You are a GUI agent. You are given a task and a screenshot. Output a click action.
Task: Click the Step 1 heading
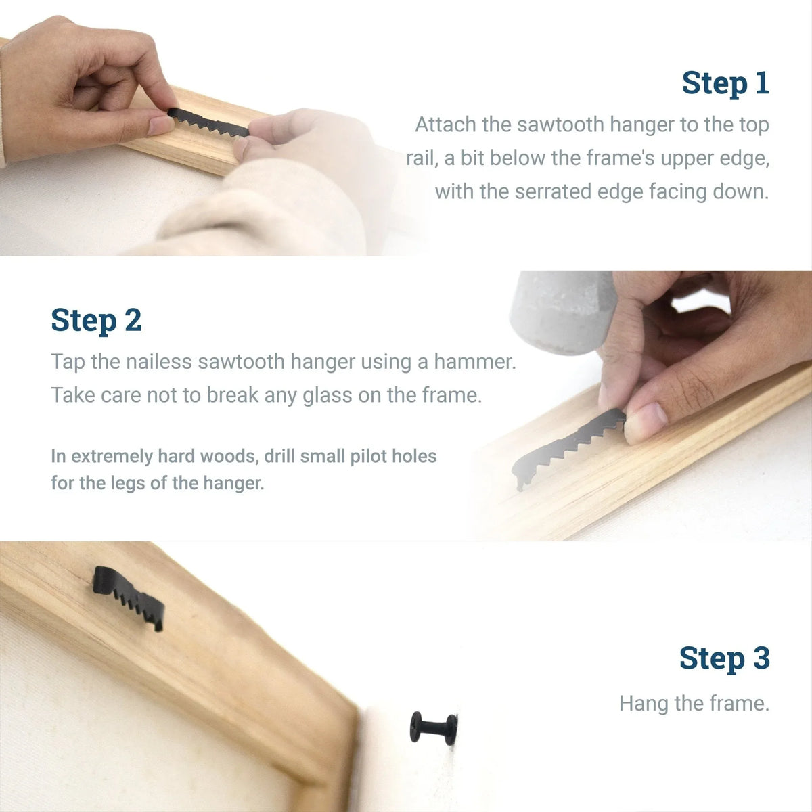[725, 83]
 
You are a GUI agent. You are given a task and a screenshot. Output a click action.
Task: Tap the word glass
[327, 396]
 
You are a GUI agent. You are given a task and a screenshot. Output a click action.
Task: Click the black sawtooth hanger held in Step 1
[208, 122]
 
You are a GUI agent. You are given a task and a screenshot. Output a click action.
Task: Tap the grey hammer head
[561, 312]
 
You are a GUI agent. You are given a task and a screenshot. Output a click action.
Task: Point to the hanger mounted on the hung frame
[128, 597]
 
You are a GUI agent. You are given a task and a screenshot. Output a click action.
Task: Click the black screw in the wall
[433, 729]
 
